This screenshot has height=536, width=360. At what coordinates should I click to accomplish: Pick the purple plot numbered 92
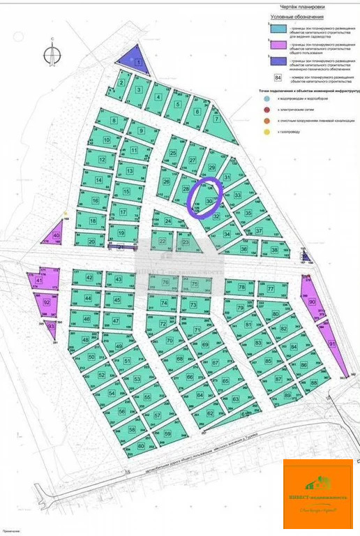[47, 302]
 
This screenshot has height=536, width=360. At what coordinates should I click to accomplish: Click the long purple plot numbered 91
[333, 345]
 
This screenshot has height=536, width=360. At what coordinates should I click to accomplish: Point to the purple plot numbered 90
[312, 301]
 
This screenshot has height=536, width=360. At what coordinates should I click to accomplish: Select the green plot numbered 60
[141, 445]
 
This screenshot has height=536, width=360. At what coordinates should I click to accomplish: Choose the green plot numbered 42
[89, 277]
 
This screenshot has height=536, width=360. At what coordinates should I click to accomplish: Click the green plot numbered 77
[271, 288]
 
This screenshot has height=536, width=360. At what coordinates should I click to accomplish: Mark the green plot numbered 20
[91, 241]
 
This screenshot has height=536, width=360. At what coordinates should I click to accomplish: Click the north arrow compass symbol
[51, 54]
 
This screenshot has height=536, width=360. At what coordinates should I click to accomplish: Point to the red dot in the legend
[269, 110]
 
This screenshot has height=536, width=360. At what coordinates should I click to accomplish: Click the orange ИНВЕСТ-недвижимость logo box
[317, 495]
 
